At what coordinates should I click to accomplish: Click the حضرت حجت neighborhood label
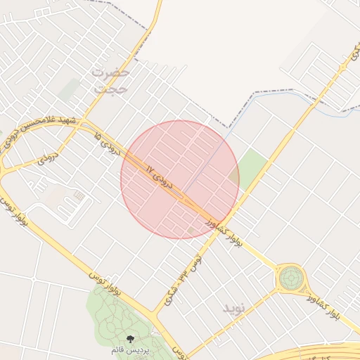[x=111, y=80]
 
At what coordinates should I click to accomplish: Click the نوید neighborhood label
[x=233, y=309]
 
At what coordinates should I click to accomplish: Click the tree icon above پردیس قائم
[x=131, y=339]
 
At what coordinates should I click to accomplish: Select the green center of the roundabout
[x=289, y=278]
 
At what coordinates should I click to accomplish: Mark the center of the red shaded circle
[x=180, y=179]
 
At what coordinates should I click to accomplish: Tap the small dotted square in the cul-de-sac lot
[x=78, y=195]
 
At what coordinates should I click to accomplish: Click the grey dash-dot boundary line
[x=281, y=91]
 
